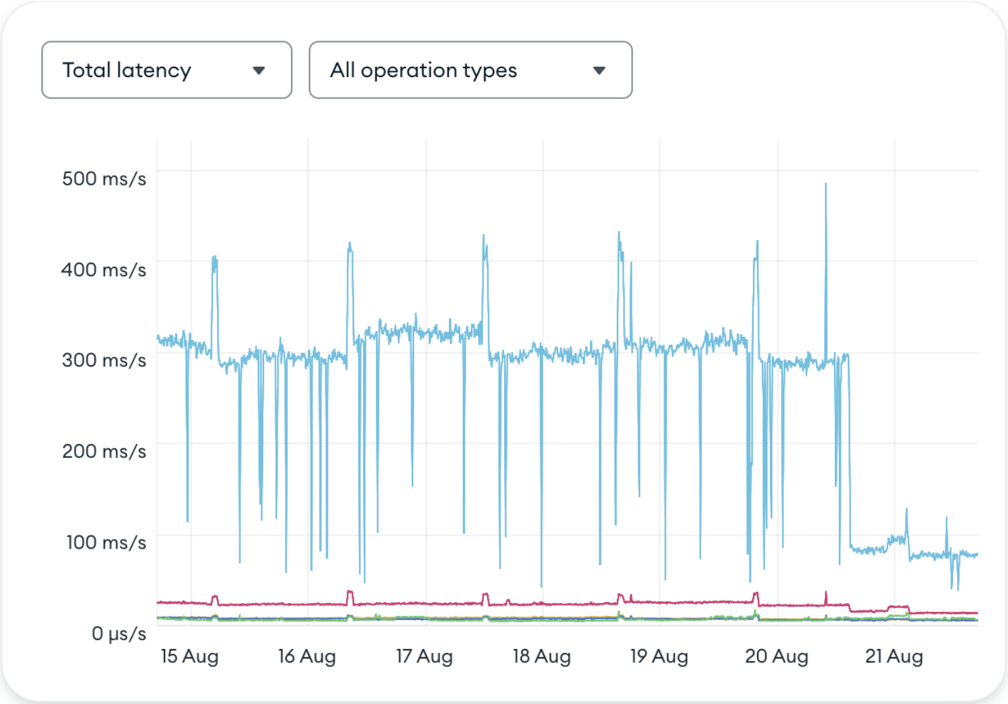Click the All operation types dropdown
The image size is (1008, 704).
tap(470, 70)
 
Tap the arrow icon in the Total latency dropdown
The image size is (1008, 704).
tap(259, 70)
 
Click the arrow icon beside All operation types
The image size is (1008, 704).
tap(599, 70)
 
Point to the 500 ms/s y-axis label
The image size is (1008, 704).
tap(104, 179)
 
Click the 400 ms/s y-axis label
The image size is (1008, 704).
tap(104, 269)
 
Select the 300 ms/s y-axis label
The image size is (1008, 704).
tap(104, 360)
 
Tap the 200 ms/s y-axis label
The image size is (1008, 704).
tap(104, 452)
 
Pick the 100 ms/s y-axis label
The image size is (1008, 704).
tap(106, 542)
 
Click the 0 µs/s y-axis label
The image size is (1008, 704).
tap(119, 633)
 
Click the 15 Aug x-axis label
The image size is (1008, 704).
tap(190, 657)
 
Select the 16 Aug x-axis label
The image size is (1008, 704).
tap(307, 657)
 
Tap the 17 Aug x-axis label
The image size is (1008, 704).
tap(424, 657)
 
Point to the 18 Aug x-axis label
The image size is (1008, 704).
tap(542, 657)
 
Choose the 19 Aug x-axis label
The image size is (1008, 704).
tap(659, 657)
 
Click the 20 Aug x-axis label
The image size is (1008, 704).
tap(777, 657)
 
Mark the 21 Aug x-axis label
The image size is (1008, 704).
tap(894, 657)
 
